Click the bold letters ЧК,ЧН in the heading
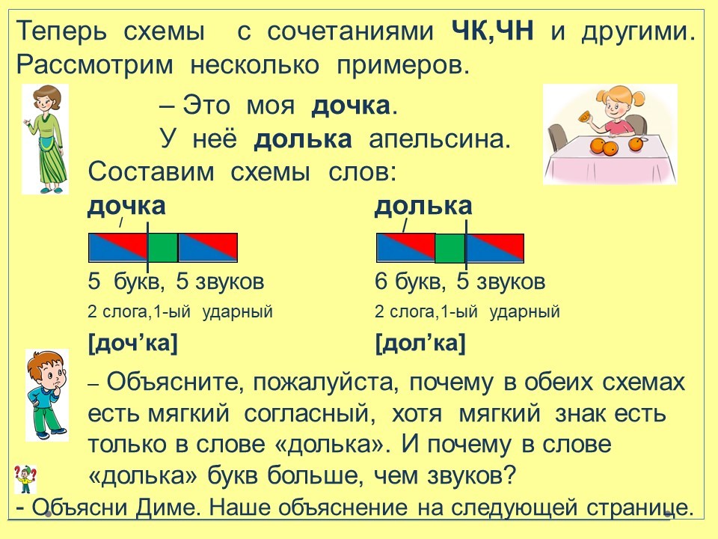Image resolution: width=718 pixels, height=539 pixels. coord(492,32)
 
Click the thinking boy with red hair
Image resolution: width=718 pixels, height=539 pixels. coord(46,395)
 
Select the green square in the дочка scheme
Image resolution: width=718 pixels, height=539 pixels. coord(163,248)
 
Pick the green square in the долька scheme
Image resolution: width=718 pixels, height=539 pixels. coord(449,248)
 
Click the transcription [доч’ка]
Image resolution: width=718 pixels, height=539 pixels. coord(132,344)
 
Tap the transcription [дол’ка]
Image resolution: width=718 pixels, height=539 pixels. coord(420,344)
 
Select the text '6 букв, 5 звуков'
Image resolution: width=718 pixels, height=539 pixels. coord(460,281)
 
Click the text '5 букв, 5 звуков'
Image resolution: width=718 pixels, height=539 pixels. coord(176,281)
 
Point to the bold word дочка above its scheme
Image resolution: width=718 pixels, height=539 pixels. coord(126,207)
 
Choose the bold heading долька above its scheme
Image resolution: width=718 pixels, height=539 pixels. coord(423,207)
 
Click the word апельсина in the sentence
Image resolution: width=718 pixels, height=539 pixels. coord(440,140)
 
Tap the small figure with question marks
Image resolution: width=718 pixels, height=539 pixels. coord(25,479)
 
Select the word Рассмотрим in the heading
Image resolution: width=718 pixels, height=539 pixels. coord(95,66)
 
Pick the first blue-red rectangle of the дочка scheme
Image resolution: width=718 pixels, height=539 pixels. coord(117,248)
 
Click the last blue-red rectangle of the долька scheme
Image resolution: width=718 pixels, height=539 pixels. coord(495,248)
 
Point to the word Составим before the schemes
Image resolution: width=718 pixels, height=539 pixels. coord(151,173)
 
